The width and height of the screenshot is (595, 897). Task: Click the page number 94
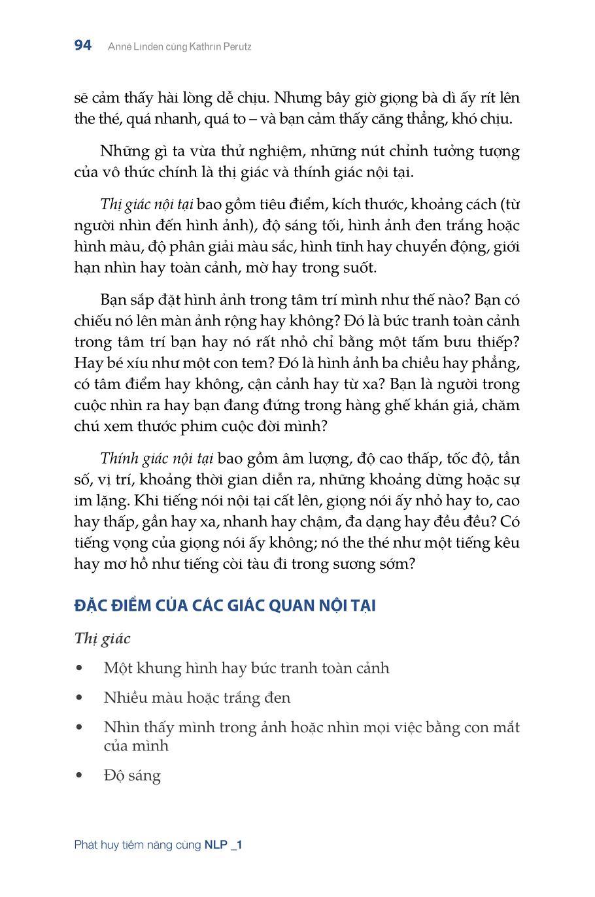pyautogui.click(x=83, y=46)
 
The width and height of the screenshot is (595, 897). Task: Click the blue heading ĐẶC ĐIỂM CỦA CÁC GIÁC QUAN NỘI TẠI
pyautogui.click(x=225, y=605)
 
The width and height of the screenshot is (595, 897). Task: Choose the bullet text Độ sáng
pyautogui.click(x=132, y=776)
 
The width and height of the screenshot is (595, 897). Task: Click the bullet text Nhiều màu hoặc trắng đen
pyautogui.click(x=197, y=698)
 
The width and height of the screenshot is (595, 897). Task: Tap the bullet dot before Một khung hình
pyautogui.click(x=80, y=669)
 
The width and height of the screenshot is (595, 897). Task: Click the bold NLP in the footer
pyautogui.click(x=216, y=845)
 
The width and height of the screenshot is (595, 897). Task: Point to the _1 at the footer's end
pyautogui.click(x=237, y=845)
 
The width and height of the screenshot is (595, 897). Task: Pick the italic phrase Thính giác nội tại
pyautogui.click(x=157, y=459)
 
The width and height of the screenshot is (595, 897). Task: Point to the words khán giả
pyautogui.click(x=447, y=405)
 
